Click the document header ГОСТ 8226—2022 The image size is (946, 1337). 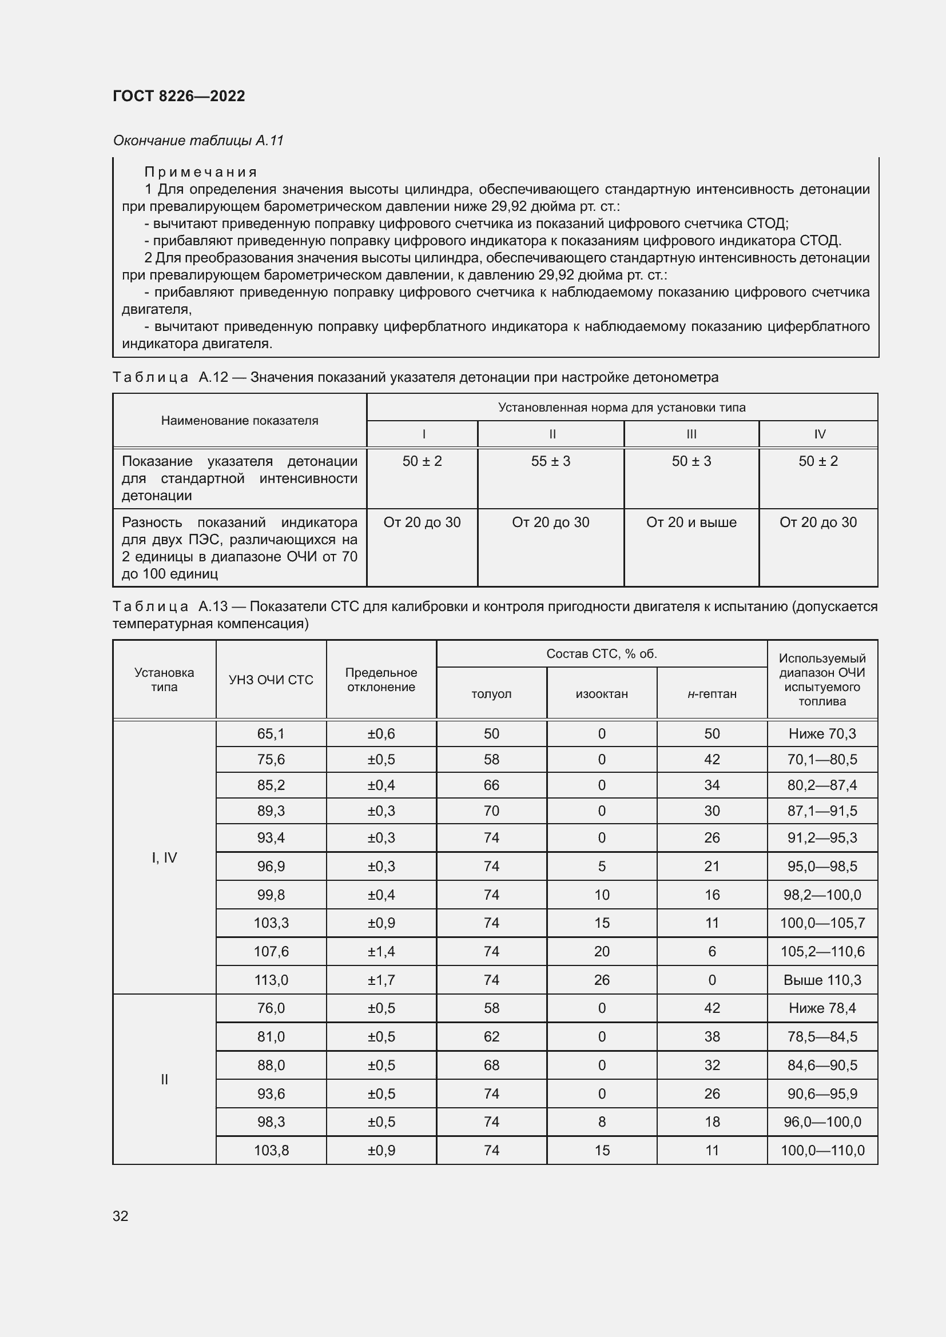(x=179, y=96)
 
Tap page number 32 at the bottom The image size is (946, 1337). (x=121, y=1216)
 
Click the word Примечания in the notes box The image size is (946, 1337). (x=200, y=172)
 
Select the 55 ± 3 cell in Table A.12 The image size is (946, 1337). (x=550, y=461)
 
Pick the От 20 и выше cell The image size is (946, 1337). (x=691, y=522)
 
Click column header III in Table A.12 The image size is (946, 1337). (x=691, y=434)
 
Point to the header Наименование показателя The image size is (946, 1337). (x=240, y=421)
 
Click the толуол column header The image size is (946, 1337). (x=491, y=693)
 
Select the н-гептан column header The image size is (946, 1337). (x=712, y=693)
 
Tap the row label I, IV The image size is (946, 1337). (x=164, y=857)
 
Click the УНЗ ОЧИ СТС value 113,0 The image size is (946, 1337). (x=271, y=980)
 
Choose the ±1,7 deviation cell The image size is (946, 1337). (x=381, y=980)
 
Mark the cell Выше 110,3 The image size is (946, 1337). (x=822, y=980)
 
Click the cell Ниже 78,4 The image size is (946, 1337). (x=822, y=1008)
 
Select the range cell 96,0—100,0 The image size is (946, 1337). (x=822, y=1122)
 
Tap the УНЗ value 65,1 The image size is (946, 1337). (x=271, y=734)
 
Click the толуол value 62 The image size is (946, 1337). (x=491, y=1036)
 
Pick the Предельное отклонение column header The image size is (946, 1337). (x=381, y=680)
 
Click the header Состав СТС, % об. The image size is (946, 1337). (x=601, y=653)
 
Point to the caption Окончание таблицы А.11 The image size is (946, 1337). (x=198, y=141)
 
